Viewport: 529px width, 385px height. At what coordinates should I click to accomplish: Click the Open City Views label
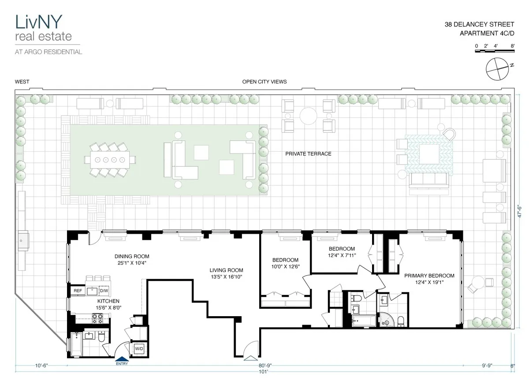tap(264, 82)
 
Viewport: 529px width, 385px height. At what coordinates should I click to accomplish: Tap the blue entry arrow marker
tap(121, 359)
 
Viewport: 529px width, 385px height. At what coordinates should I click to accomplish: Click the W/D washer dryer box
tap(139, 348)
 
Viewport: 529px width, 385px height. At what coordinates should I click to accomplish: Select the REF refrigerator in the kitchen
tap(78, 291)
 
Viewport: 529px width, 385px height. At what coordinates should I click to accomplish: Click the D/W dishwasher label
tap(104, 291)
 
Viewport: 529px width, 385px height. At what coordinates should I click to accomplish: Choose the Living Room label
tap(226, 270)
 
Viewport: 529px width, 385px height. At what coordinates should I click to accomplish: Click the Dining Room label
tap(131, 256)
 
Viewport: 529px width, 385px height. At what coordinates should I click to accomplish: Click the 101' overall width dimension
tap(264, 372)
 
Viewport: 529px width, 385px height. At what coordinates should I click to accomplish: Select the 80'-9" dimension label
tap(265, 365)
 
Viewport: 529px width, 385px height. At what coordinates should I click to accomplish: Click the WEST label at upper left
tap(22, 82)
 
